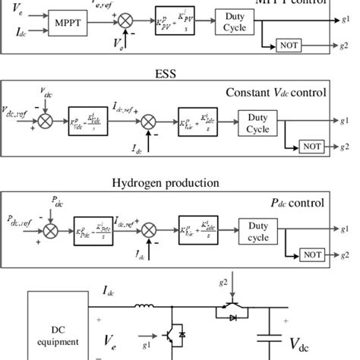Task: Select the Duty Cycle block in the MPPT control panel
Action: tap(234, 22)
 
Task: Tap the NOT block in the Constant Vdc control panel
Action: tap(311, 145)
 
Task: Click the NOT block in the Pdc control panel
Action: tap(311, 254)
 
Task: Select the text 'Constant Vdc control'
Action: tap(276, 93)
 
